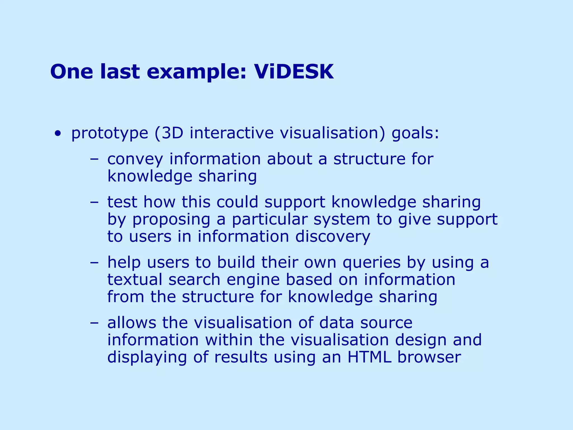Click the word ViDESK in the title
pos(294,72)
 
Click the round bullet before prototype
pos(58,134)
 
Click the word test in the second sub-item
pos(122,202)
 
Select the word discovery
pos(333,237)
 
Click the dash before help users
pos(94,263)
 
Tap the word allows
pos(131,322)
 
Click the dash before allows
pos(94,323)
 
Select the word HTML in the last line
pos(369,357)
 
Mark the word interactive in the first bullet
pos(231,133)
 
